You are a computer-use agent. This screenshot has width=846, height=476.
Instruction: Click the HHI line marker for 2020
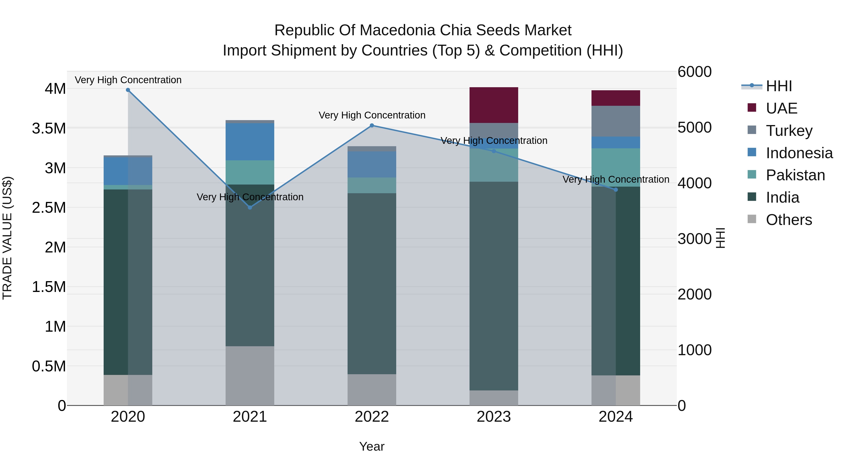pyautogui.click(x=128, y=90)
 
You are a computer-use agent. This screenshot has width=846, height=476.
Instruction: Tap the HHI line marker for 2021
pyautogui.click(x=250, y=208)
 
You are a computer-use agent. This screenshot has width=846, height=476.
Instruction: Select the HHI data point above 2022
pyautogui.click(x=372, y=126)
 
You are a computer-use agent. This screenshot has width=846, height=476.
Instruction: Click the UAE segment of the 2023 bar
pyautogui.click(x=493, y=105)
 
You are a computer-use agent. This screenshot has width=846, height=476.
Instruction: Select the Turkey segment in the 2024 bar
pyautogui.click(x=616, y=121)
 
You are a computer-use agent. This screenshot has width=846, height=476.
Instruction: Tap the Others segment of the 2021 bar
pyautogui.click(x=250, y=375)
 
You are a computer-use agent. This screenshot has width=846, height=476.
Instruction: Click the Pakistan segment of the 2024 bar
pyautogui.click(x=616, y=168)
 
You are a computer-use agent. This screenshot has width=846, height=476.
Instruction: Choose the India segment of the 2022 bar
pyautogui.click(x=372, y=283)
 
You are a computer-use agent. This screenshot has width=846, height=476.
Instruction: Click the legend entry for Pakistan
pyautogui.click(x=795, y=175)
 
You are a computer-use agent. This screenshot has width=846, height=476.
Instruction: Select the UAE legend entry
pyautogui.click(x=781, y=108)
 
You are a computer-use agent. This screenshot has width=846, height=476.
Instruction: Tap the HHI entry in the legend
pyautogui.click(x=779, y=86)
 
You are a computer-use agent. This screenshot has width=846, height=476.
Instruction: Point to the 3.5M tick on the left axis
pyautogui.click(x=49, y=128)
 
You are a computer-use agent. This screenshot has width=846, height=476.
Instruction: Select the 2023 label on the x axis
pyautogui.click(x=493, y=417)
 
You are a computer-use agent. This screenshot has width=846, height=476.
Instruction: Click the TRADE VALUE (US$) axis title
pyautogui.click(x=7, y=238)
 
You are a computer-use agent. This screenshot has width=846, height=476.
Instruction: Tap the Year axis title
pyautogui.click(x=372, y=446)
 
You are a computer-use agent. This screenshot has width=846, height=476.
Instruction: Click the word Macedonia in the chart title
pyautogui.click(x=397, y=30)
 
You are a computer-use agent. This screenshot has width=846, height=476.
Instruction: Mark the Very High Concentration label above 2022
pyautogui.click(x=372, y=115)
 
